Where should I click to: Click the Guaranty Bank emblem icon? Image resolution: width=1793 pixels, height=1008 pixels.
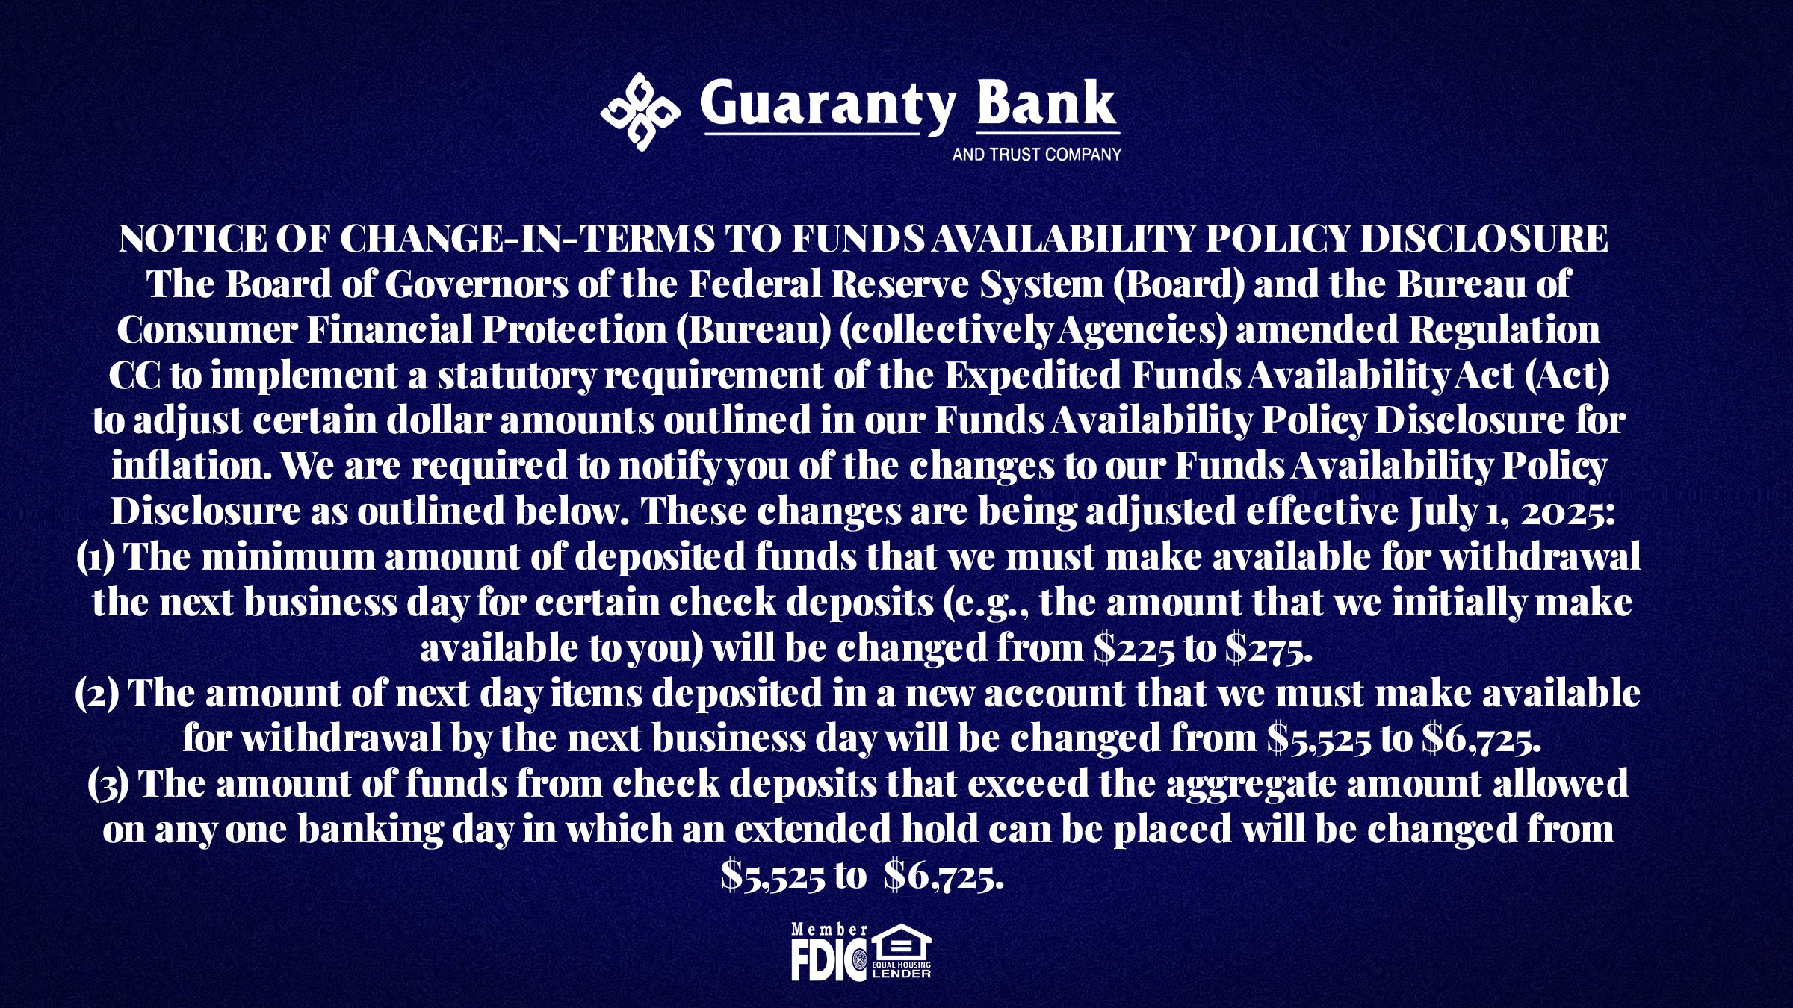pyautogui.click(x=640, y=112)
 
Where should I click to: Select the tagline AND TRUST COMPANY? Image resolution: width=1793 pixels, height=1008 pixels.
pyautogui.click(x=1037, y=155)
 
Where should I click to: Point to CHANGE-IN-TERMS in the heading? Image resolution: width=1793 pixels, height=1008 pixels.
pyautogui.click(x=528, y=239)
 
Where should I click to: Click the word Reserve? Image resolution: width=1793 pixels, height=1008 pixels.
pyautogui.click(x=900, y=284)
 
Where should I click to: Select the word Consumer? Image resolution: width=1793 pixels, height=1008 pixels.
pyautogui.click(x=207, y=330)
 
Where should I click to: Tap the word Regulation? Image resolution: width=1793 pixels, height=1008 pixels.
pyautogui.click(x=1505, y=330)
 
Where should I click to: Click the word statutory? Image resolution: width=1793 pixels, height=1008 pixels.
pyautogui.click(x=516, y=376)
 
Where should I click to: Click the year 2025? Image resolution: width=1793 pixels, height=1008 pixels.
pyautogui.click(x=1568, y=513)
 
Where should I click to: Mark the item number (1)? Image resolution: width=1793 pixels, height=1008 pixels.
pyautogui.click(x=96, y=558)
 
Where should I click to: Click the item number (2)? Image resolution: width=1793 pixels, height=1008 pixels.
pyautogui.click(x=97, y=694)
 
